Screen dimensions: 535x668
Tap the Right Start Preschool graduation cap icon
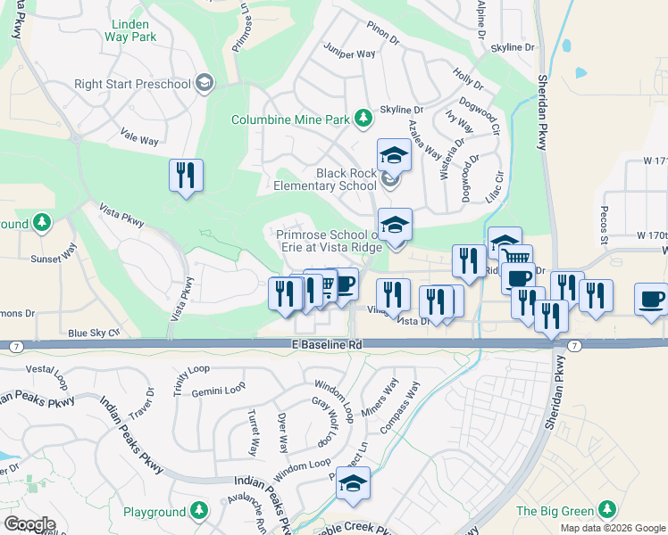click(205, 84)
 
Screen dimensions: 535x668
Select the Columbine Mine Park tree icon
click(363, 118)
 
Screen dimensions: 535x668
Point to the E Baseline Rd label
click(327, 344)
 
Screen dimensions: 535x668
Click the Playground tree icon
click(200, 511)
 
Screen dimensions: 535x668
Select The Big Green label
click(555, 511)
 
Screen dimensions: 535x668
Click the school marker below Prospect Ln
click(354, 483)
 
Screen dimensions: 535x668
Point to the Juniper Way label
click(349, 53)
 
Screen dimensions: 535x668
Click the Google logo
click(29, 524)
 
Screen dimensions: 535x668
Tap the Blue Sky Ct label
click(93, 333)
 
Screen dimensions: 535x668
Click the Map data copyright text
click(613, 528)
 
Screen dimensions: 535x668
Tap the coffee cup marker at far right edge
click(651, 300)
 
